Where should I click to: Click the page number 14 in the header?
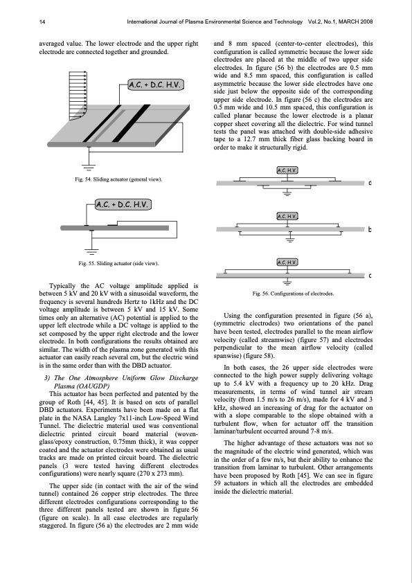point(42,22)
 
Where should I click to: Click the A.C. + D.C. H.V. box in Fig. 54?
point(156,85)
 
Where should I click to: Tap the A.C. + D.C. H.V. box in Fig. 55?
point(123,204)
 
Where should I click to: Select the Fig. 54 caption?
point(118,179)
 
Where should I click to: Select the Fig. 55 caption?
point(118,263)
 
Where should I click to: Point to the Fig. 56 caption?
point(293,294)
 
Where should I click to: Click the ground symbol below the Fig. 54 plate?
point(89,167)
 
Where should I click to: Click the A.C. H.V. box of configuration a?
point(287,170)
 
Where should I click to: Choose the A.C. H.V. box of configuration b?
point(287,216)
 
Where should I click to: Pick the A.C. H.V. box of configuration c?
point(287,262)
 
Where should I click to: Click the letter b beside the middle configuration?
point(370,229)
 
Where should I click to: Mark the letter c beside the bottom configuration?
point(370,276)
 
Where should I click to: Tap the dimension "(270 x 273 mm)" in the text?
point(163,474)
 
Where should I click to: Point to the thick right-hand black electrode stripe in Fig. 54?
point(131,123)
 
